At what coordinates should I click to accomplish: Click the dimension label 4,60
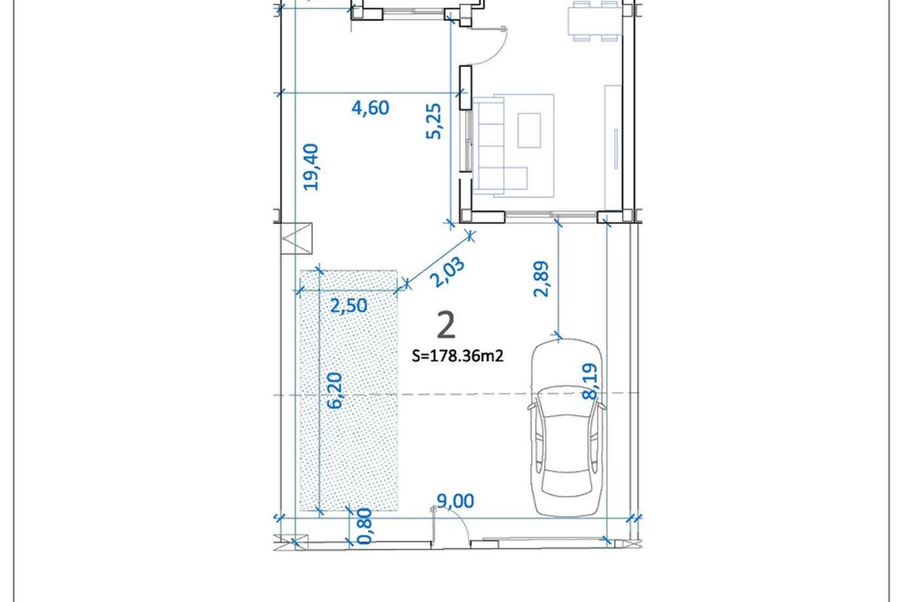tap(370, 108)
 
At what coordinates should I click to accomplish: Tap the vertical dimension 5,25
tap(433, 121)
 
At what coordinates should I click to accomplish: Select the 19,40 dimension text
tap(311, 167)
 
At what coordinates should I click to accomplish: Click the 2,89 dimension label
tap(541, 279)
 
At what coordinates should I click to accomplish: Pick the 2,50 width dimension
tap(348, 306)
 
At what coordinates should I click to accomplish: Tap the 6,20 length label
tap(335, 391)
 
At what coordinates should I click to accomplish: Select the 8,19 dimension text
tap(589, 382)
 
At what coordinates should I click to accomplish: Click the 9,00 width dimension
tap(455, 501)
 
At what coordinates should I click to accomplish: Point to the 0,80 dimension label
tap(365, 526)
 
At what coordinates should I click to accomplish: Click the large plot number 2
tap(446, 325)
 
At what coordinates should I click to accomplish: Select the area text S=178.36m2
tap(458, 356)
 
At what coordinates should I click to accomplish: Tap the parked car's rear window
tap(566, 482)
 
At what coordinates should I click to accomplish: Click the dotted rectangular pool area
tap(348, 391)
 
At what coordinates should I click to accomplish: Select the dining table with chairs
tap(595, 21)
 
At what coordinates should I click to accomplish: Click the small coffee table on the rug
tap(529, 130)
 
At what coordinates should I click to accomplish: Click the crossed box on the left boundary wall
tap(296, 239)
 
